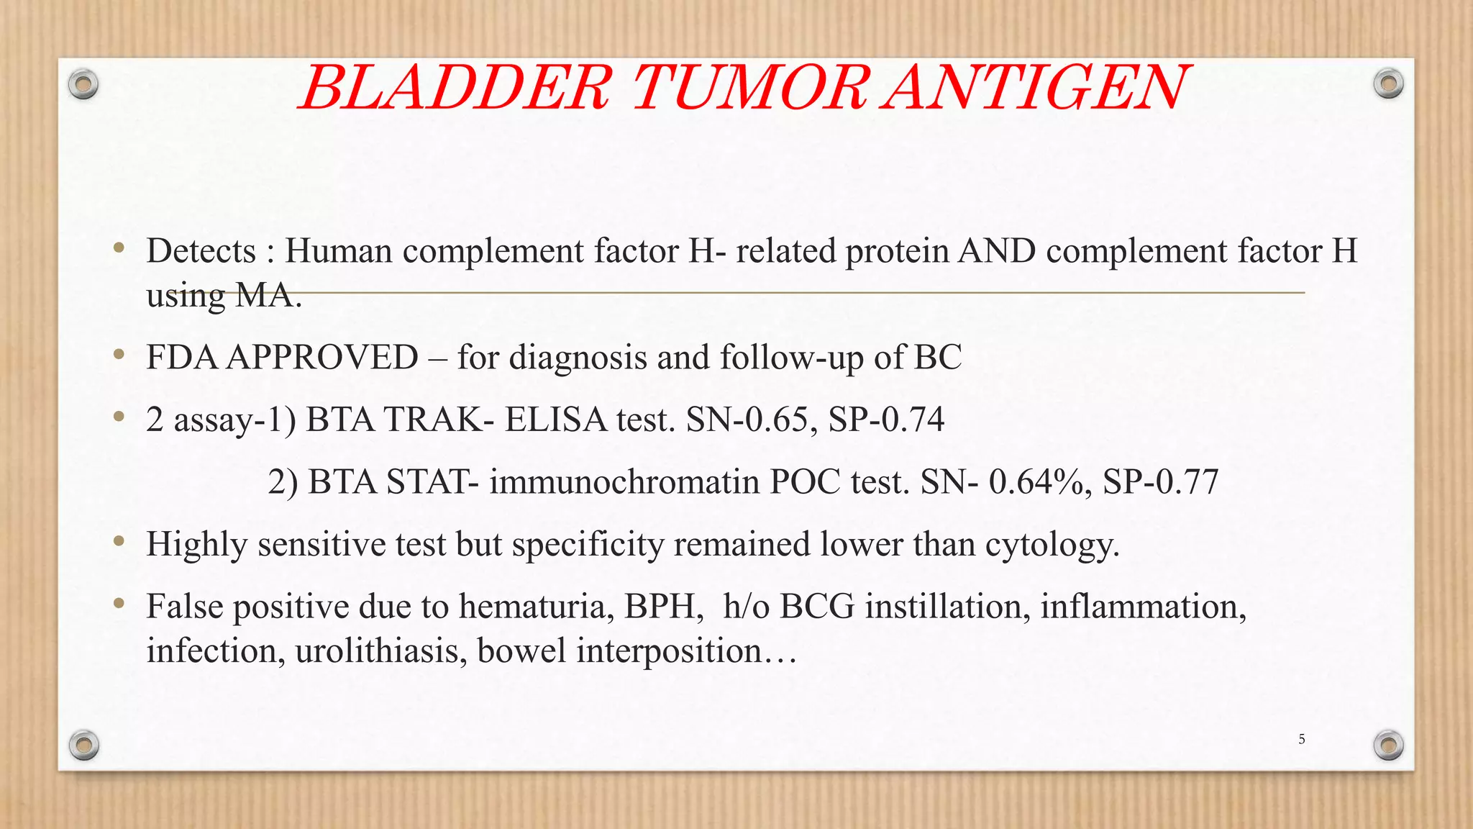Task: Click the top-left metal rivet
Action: (x=83, y=85)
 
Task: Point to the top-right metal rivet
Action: (x=1388, y=84)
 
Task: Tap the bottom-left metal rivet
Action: (x=83, y=745)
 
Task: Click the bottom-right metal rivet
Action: (x=1388, y=745)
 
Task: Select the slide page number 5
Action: (x=1301, y=739)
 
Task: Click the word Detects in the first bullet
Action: (x=201, y=251)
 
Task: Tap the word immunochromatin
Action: (x=624, y=481)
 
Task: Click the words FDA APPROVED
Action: (x=282, y=358)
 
